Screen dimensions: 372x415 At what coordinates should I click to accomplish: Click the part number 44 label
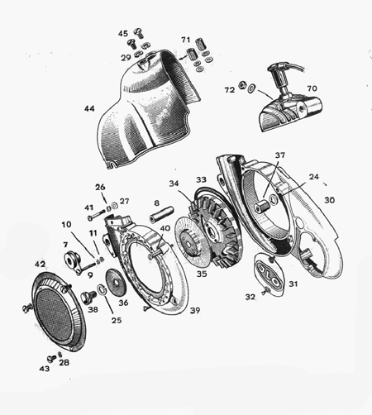pos(89,108)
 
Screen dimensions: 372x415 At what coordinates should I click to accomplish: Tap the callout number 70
pos(312,88)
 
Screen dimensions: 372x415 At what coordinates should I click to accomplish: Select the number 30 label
pos(329,200)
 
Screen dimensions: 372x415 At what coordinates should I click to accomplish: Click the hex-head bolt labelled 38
pos(88,298)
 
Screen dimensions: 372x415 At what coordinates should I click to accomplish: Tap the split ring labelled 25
pos(102,290)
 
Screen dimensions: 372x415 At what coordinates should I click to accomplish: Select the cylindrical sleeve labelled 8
pos(162,215)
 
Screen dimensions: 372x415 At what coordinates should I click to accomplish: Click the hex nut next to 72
pos(242,84)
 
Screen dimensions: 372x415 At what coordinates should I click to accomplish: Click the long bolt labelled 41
pos(96,215)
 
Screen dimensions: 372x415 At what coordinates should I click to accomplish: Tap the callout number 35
pos(202,274)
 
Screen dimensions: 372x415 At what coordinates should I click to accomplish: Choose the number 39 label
pos(195,310)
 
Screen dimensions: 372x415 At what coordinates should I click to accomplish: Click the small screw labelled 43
pos(51,359)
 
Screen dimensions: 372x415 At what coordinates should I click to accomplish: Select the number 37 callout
pos(279,155)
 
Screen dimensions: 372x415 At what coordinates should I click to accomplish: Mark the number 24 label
pos(314,177)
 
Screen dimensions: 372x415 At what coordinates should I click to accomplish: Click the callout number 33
pos(201,179)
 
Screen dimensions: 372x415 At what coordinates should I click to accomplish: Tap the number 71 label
pos(186,40)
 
